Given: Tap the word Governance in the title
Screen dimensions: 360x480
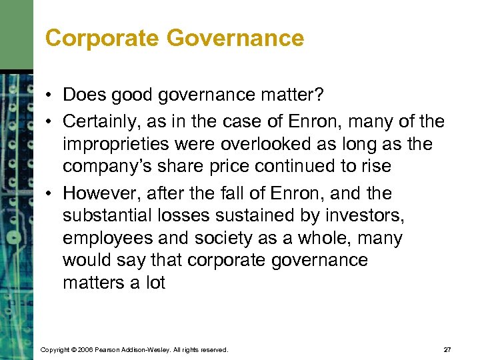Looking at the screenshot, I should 235,38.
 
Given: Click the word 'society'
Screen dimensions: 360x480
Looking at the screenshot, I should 215,239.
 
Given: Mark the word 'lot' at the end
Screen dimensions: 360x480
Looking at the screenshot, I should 155,283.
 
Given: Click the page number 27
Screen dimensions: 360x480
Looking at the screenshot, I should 447,349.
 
